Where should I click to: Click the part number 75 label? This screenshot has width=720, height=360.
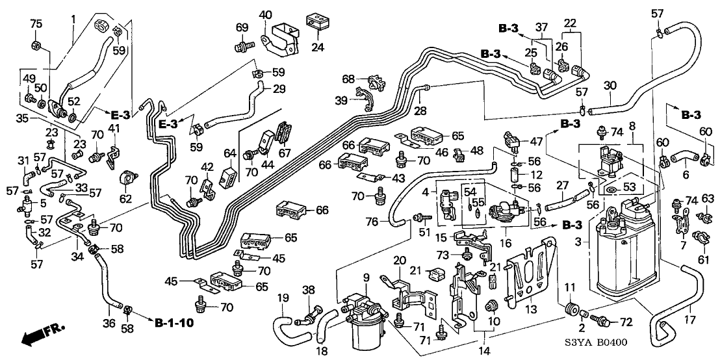(x=36, y=25)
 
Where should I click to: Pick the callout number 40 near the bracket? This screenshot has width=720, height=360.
(x=266, y=14)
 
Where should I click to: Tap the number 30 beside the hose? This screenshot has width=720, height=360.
(x=608, y=85)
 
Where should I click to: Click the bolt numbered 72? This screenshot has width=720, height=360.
(x=606, y=321)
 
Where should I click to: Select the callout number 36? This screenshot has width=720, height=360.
(x=109, y=323)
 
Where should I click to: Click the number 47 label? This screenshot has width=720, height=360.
(x=535, y=140)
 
